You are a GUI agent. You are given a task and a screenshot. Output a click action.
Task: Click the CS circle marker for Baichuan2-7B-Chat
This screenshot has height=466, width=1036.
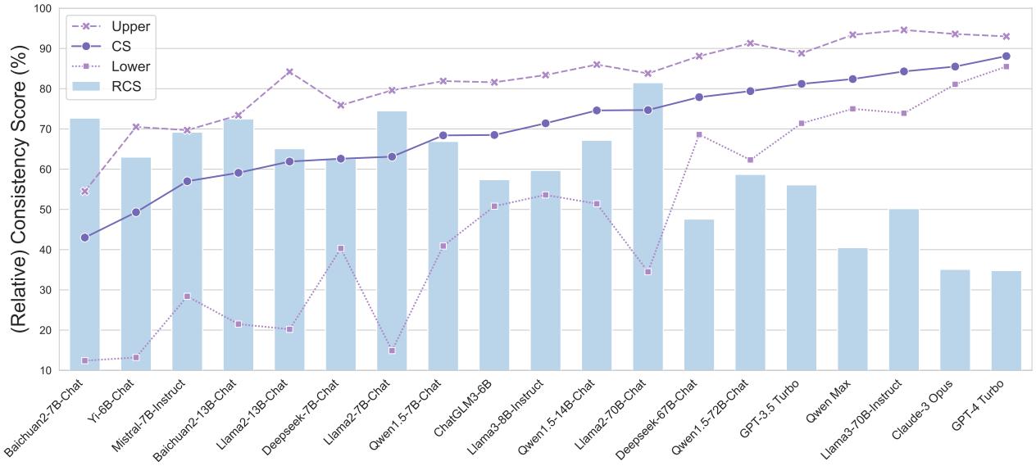coord(84,238)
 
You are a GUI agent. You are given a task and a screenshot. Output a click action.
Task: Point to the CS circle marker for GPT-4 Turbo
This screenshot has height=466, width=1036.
coord(1006,57)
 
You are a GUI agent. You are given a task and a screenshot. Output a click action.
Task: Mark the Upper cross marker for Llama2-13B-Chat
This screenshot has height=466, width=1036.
coord(289,72)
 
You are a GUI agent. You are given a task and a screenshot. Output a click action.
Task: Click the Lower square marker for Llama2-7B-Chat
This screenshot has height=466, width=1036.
coord(392,351)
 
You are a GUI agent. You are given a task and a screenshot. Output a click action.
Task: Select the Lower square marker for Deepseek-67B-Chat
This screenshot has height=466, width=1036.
coord(699,134)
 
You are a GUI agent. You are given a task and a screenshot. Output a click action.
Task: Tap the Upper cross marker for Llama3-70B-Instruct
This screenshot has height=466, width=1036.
coord(903,30)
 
